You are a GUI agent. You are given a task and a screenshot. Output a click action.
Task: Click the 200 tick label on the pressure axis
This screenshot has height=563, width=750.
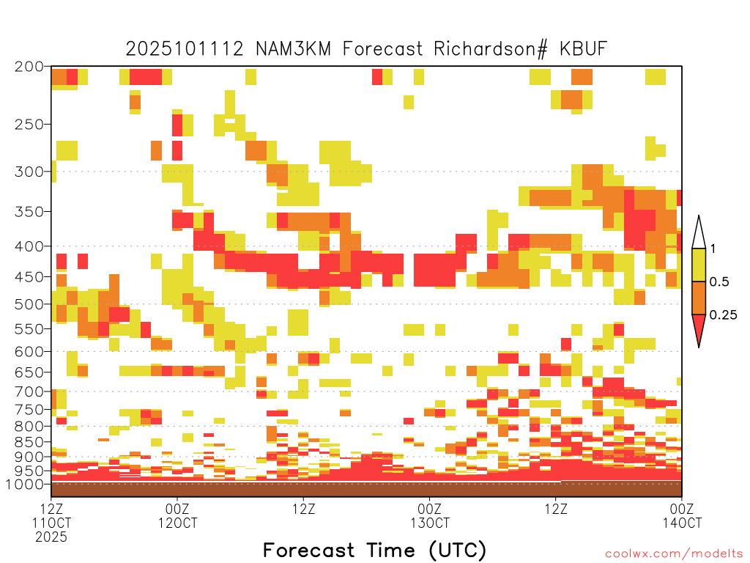point(29,67)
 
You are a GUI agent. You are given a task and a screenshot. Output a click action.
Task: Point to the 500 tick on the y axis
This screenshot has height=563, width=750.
point(29,304)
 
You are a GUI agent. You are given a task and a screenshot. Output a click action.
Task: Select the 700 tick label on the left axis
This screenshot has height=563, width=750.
point(29,391)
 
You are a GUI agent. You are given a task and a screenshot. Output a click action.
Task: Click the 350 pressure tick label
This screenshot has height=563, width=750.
point(29,212)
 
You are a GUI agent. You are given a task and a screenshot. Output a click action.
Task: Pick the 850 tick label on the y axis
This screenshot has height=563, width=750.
point(29,442)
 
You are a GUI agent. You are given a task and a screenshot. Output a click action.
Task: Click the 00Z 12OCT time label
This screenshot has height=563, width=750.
point(177,515)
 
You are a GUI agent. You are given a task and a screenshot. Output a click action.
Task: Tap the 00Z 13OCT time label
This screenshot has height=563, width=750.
point(429,515)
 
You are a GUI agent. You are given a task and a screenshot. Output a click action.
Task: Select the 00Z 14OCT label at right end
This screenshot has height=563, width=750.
point(682,515)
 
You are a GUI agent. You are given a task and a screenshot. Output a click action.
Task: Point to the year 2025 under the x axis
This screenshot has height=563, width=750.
point(51,537)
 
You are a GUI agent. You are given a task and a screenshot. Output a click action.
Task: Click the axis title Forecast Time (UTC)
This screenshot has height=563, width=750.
point(374,550)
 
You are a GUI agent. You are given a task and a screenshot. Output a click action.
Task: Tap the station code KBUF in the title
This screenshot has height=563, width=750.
point(584,49)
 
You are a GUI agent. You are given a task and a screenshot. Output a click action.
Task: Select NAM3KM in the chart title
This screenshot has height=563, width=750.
point(293,49)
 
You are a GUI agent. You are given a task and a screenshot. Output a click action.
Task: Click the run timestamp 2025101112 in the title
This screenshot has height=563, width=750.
point(185,49)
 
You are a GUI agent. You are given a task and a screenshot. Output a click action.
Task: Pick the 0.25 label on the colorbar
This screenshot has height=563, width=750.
point(723,315)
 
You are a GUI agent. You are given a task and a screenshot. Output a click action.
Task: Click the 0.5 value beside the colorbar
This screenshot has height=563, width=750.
point(719,281)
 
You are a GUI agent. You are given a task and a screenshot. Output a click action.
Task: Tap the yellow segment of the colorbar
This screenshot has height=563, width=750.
point(699,265)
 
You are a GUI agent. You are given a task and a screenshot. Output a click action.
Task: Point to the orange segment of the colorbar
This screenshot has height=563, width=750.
point(699,298)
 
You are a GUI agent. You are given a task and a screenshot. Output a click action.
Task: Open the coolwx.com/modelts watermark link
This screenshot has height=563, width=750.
point(674,554)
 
